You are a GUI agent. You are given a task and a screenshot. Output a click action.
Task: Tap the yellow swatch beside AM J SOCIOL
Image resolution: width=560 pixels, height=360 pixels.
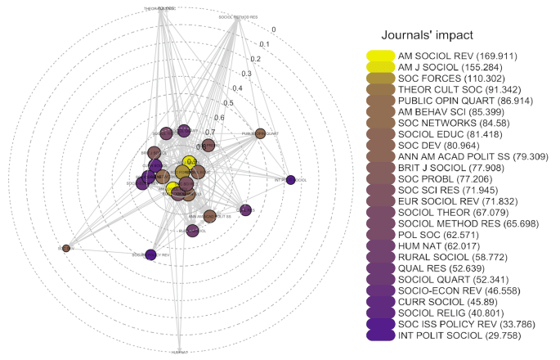point(381,67)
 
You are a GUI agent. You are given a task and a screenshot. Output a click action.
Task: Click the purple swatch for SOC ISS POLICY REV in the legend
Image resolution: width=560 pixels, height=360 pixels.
point(381,323)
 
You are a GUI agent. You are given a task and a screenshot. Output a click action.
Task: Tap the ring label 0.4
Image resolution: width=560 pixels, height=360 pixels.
point(237,88)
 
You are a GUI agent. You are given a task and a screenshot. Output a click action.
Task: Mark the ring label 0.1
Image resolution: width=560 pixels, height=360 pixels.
point(264,44)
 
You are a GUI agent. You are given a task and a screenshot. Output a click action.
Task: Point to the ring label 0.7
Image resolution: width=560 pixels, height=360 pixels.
point(210,132)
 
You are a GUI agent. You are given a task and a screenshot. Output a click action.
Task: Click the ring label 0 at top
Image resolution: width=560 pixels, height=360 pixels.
point(274,29)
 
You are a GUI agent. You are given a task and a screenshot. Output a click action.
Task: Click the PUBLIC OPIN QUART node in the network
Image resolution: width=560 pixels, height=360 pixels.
point(261,133)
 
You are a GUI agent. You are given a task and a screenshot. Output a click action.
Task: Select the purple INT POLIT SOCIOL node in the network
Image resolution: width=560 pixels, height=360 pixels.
point(289,180)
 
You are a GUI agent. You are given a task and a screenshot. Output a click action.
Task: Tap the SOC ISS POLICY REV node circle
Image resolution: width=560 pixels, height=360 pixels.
point(150,255)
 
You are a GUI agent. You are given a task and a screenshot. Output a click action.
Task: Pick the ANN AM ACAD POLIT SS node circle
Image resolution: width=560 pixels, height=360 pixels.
point(209,217)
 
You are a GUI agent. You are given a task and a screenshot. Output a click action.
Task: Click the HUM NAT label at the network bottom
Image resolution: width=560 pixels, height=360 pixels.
point(179,352)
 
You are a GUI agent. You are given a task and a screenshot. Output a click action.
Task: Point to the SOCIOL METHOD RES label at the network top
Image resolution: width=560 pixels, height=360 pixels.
point(238,16)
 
